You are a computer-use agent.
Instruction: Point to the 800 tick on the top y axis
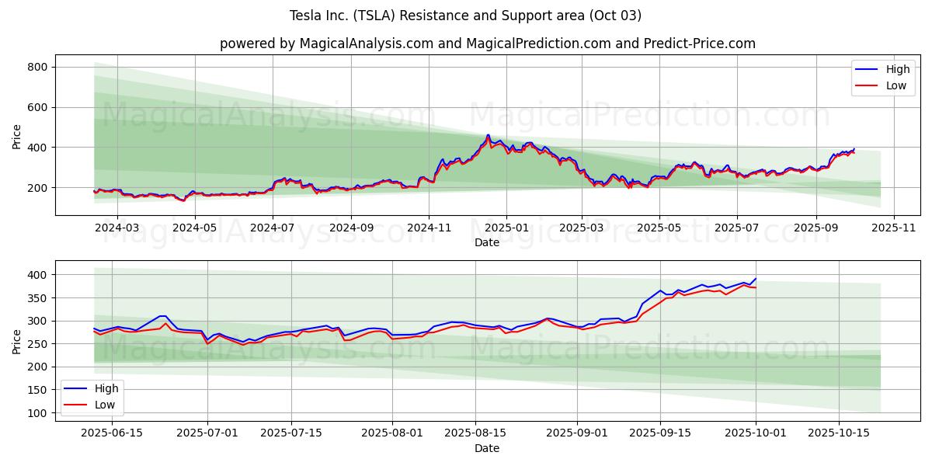[38, 68]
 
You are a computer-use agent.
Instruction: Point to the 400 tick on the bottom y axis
[38, 275]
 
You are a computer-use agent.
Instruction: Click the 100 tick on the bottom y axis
[38, 413]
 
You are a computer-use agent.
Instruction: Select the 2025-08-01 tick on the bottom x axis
[391, 433]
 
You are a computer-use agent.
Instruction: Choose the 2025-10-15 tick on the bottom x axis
[838, 433]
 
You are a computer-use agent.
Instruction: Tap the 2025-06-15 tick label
[112, 433]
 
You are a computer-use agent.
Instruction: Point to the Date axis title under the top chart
[487, 243]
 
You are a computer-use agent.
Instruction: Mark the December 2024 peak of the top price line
[489, 135]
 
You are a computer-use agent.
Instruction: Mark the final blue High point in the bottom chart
[756, 279]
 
